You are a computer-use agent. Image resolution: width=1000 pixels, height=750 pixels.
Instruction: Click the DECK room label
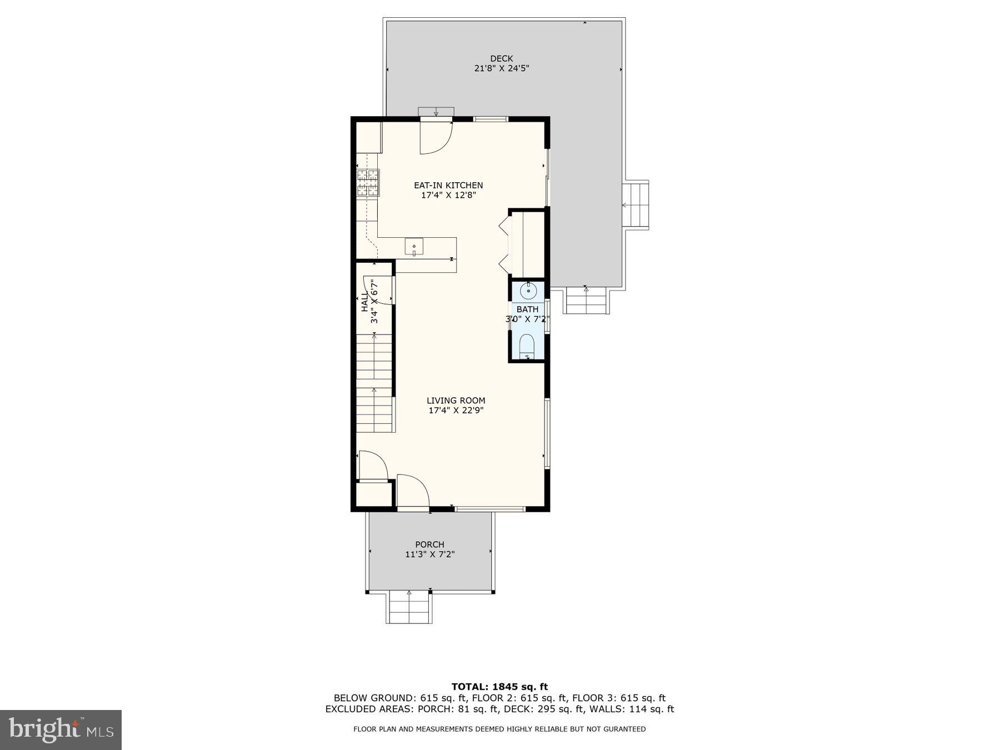click(501, 58)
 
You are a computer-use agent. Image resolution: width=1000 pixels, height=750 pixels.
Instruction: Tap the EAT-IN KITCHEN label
click(448, 185)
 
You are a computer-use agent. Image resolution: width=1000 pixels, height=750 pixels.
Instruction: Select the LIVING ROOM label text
click(456, 400)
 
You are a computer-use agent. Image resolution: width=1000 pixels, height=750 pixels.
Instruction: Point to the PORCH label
click(429, 544)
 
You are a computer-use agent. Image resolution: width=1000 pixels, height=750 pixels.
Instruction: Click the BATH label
click(527, 309)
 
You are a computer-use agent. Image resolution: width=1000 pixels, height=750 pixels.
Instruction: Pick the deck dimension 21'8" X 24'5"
click(501, 68)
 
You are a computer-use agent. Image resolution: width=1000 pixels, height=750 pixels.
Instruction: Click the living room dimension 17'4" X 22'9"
click(456, 411)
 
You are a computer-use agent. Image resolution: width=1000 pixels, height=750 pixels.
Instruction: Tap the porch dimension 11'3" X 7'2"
click(429, 554)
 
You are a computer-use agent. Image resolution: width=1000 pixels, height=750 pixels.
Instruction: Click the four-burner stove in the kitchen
click(368, 183)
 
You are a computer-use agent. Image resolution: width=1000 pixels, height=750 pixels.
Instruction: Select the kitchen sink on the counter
click(414, 246)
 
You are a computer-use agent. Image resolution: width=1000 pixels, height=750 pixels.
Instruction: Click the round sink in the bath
click(528, 290)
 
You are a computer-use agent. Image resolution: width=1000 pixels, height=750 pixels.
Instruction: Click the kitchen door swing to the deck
click(436, 137)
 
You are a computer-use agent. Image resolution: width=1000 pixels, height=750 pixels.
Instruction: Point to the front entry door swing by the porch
click(413, 491)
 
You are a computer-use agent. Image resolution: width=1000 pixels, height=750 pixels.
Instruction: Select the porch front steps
click(409, 607)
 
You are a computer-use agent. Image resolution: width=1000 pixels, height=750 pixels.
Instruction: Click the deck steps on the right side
click(635, 204)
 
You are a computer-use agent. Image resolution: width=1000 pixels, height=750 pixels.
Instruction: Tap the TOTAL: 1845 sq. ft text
click(499, 687)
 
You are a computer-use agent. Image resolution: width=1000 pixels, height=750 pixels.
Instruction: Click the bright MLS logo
click(61, 729)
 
